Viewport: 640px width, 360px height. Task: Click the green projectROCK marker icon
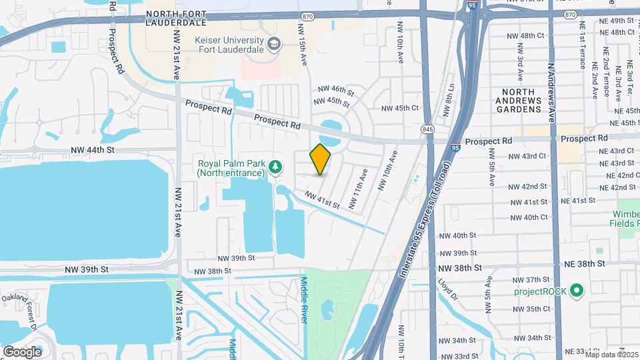tap(577, 291)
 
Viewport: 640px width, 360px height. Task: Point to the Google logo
tap(22, 351)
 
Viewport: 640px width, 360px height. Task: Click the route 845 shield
tap(427, 127)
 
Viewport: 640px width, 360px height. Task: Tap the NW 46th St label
tap(335, 89)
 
